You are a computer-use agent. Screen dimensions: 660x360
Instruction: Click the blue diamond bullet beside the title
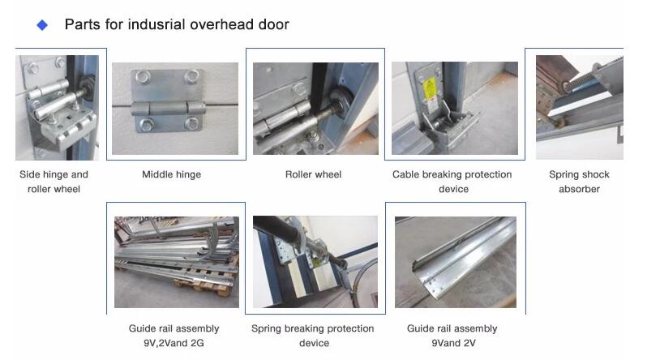click(42, 25)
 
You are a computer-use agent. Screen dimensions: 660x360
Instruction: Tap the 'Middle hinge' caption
click(171, 174)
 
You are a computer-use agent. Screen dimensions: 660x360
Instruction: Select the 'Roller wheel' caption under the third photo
click(313, 174)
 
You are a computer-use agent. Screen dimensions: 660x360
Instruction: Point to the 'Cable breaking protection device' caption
click(452, 182)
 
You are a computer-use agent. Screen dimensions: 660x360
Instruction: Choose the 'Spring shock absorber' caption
click(579, 182)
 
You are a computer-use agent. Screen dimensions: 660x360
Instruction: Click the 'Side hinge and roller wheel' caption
click(54, 182)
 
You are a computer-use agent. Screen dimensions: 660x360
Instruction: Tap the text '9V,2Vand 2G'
click(174, 343)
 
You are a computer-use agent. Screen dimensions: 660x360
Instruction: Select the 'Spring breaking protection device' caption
click(313, 336)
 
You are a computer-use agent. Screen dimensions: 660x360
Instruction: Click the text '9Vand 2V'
click(453, 343)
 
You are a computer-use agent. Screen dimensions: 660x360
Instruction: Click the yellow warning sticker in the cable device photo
click(430, 89)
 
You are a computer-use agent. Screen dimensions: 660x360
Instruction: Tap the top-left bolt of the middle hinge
click(144, 77)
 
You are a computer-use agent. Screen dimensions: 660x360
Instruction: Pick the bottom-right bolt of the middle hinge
click(191, 123)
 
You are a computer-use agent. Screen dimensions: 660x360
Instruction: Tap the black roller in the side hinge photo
click(88, 87)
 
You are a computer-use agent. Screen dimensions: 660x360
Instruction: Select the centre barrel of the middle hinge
click(169, 108)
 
